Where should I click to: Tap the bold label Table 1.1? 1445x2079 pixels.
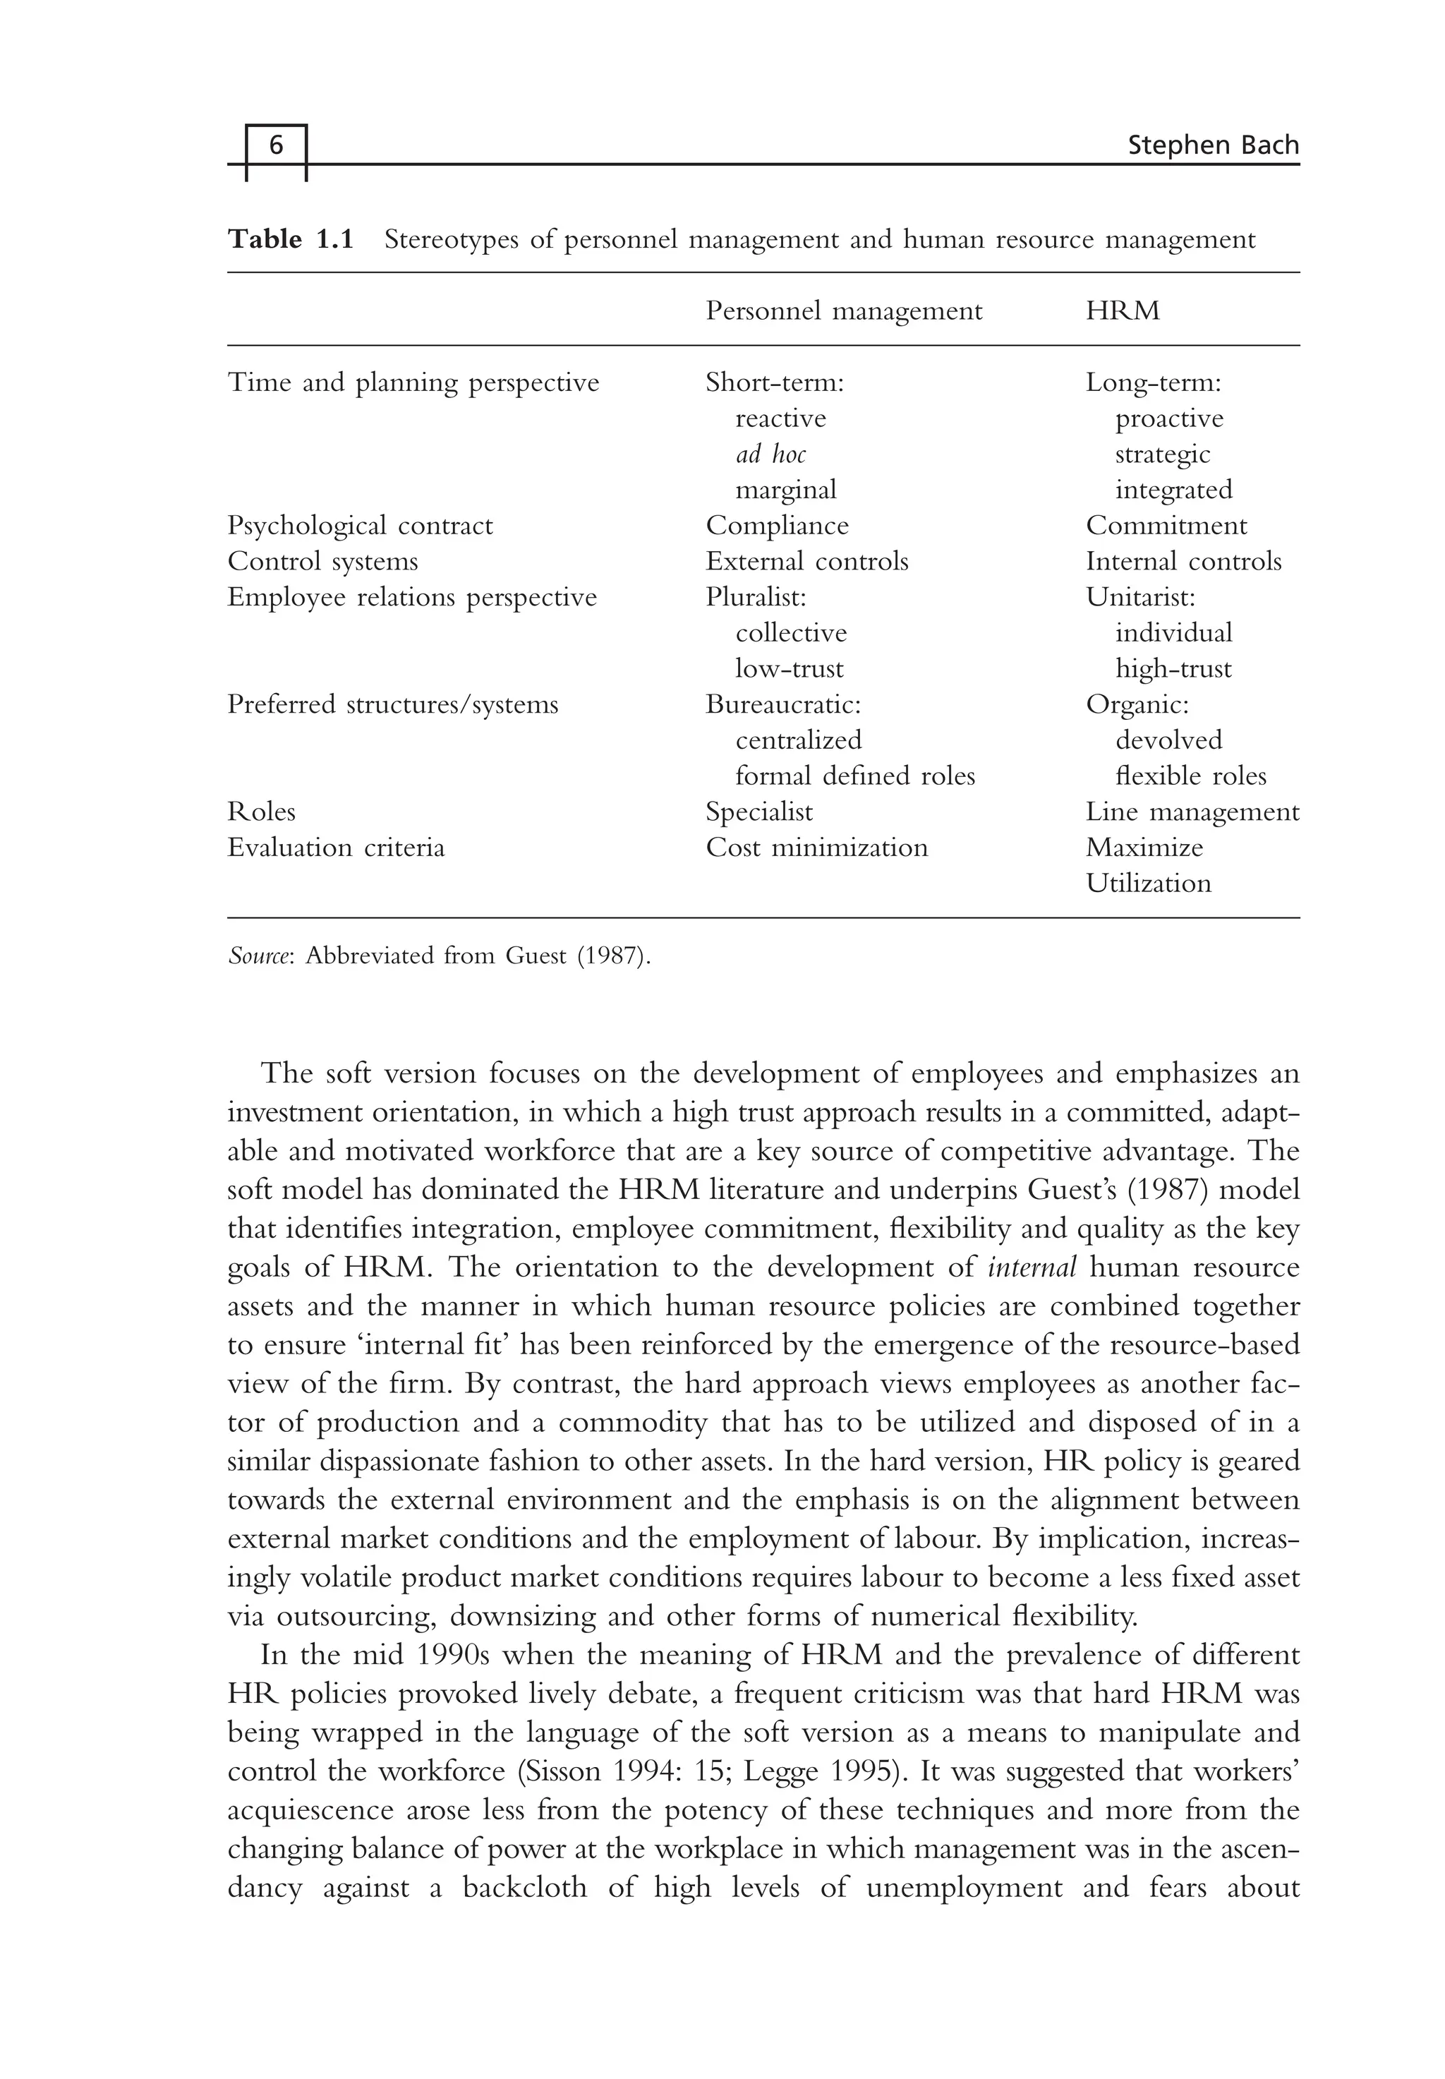pos(290,239)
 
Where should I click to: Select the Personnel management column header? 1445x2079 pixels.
pos(843,311)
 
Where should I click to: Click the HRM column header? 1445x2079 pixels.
pos(1122,311)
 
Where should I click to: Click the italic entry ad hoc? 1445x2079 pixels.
pos(770,454)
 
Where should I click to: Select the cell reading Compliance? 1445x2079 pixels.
pos(777,525)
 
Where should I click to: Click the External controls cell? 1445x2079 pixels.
pos(806,562)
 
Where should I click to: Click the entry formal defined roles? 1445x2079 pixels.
pos(854,776)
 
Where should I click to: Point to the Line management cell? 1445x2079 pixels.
pos(1192,812)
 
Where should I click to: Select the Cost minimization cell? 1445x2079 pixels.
pos(816,848)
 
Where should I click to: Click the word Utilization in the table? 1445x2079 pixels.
pos(1147,883)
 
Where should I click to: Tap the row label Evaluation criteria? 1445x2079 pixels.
pos(336,848)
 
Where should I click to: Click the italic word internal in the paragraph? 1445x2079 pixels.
pos(1032,1267)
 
